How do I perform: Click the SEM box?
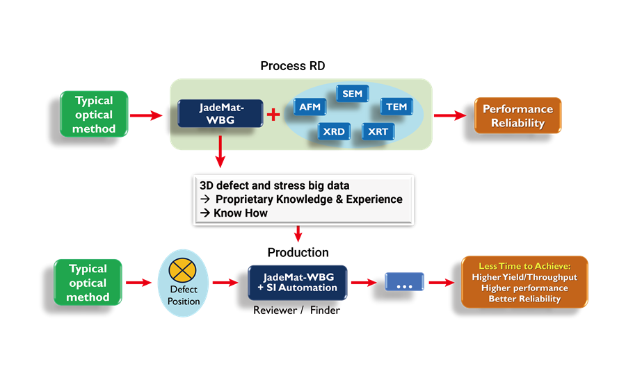pos(353,93)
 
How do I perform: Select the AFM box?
pos(308,107)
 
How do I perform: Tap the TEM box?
pos(396,106)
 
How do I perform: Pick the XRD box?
pos(335,131)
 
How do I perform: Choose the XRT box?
pos(378,131)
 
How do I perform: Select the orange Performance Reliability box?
pos(517,116)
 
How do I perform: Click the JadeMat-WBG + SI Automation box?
pos(297,282)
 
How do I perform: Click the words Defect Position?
pos(184,295)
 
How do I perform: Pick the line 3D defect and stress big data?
pos(275,185)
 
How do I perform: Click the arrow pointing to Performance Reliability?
pos(450,115)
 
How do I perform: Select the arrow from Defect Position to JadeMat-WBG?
pos(224,283)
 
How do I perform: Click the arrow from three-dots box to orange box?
pos(440,283)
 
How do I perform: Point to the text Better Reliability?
pos(524,299)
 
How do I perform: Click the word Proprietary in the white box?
pos(248,199)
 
